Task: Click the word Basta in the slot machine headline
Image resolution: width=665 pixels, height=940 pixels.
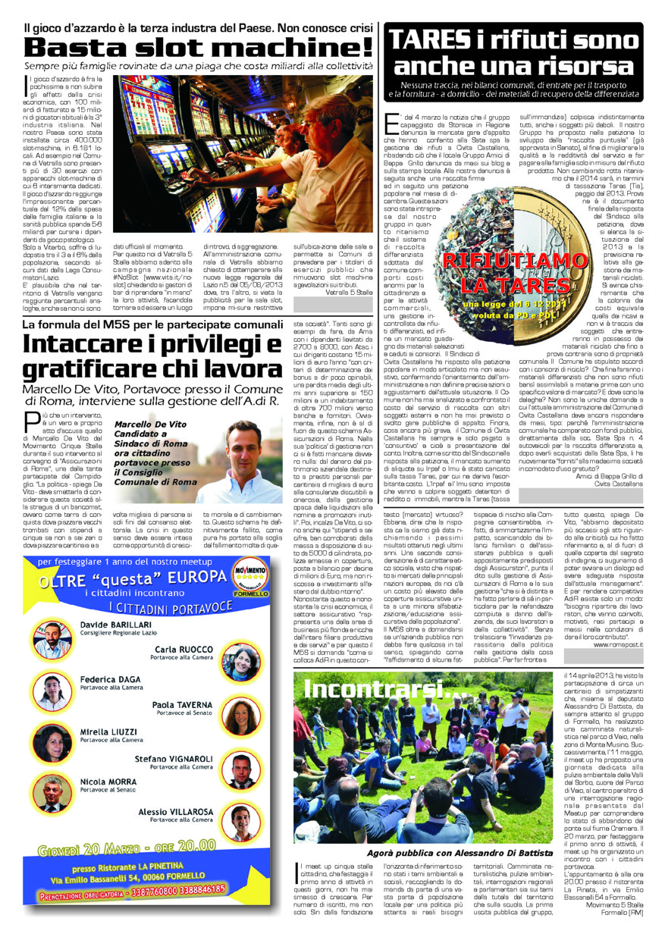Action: (80, 49)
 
